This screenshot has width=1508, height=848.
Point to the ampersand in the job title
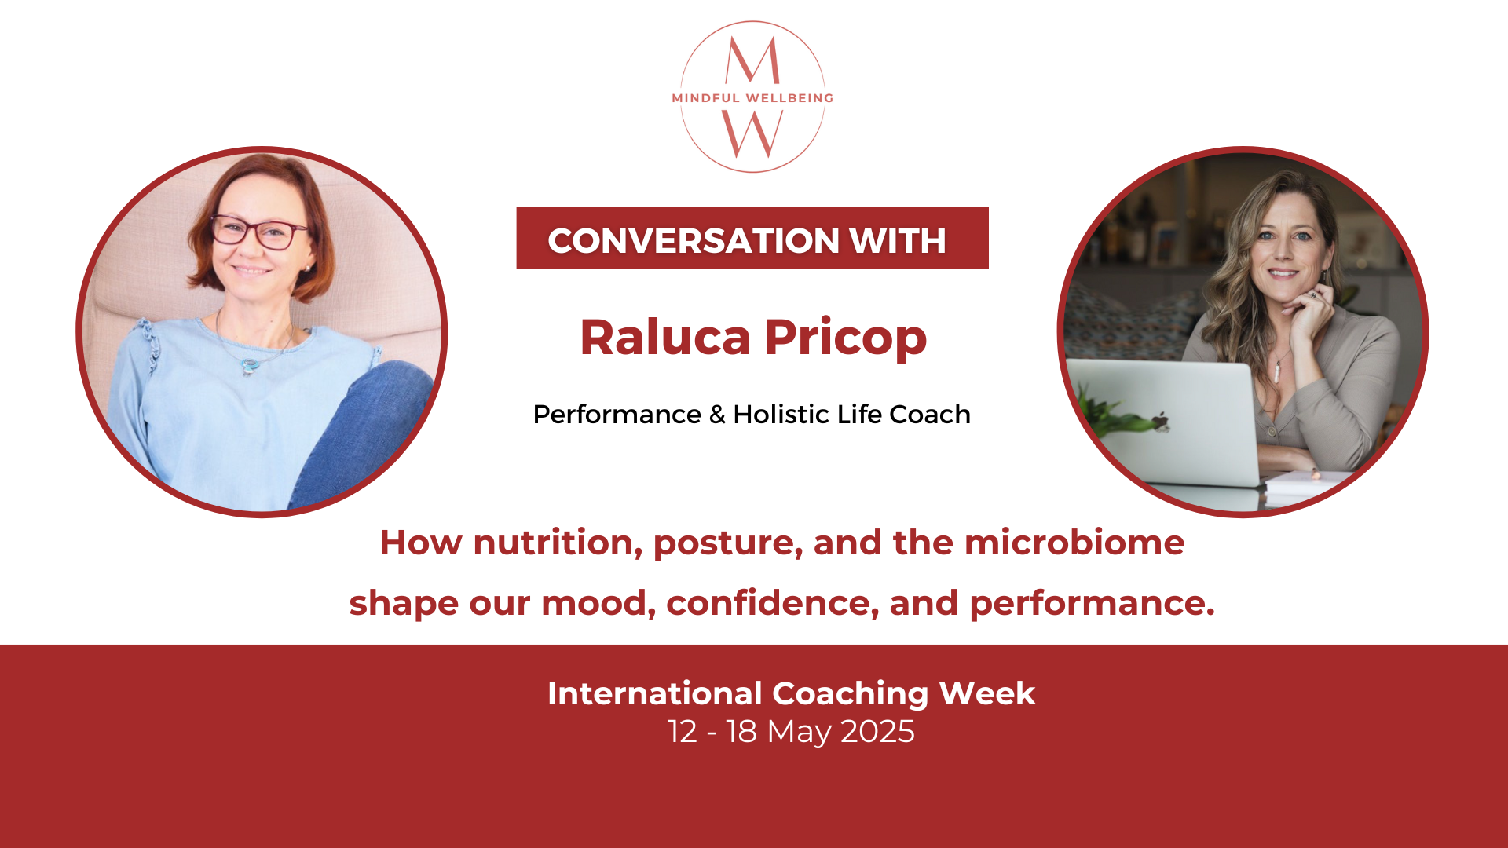717,415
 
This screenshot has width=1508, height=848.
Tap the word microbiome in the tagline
1074,542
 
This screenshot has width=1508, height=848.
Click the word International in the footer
655,693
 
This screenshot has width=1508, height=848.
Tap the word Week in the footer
987,693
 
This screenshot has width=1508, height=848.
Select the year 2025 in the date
877,732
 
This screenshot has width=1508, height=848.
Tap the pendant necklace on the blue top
249,365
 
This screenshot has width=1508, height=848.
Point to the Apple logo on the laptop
1160,421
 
